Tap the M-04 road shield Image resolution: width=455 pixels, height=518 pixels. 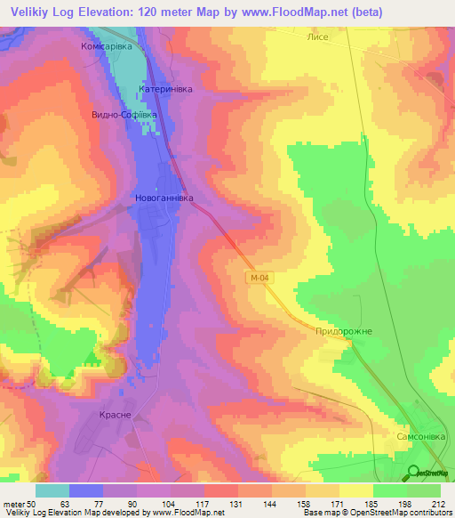coord(256,279)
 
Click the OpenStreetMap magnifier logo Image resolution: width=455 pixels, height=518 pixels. coord(411,473)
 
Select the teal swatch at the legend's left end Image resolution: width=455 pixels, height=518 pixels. coord(52,490)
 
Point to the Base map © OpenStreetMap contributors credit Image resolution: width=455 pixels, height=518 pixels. coord(379,514)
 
